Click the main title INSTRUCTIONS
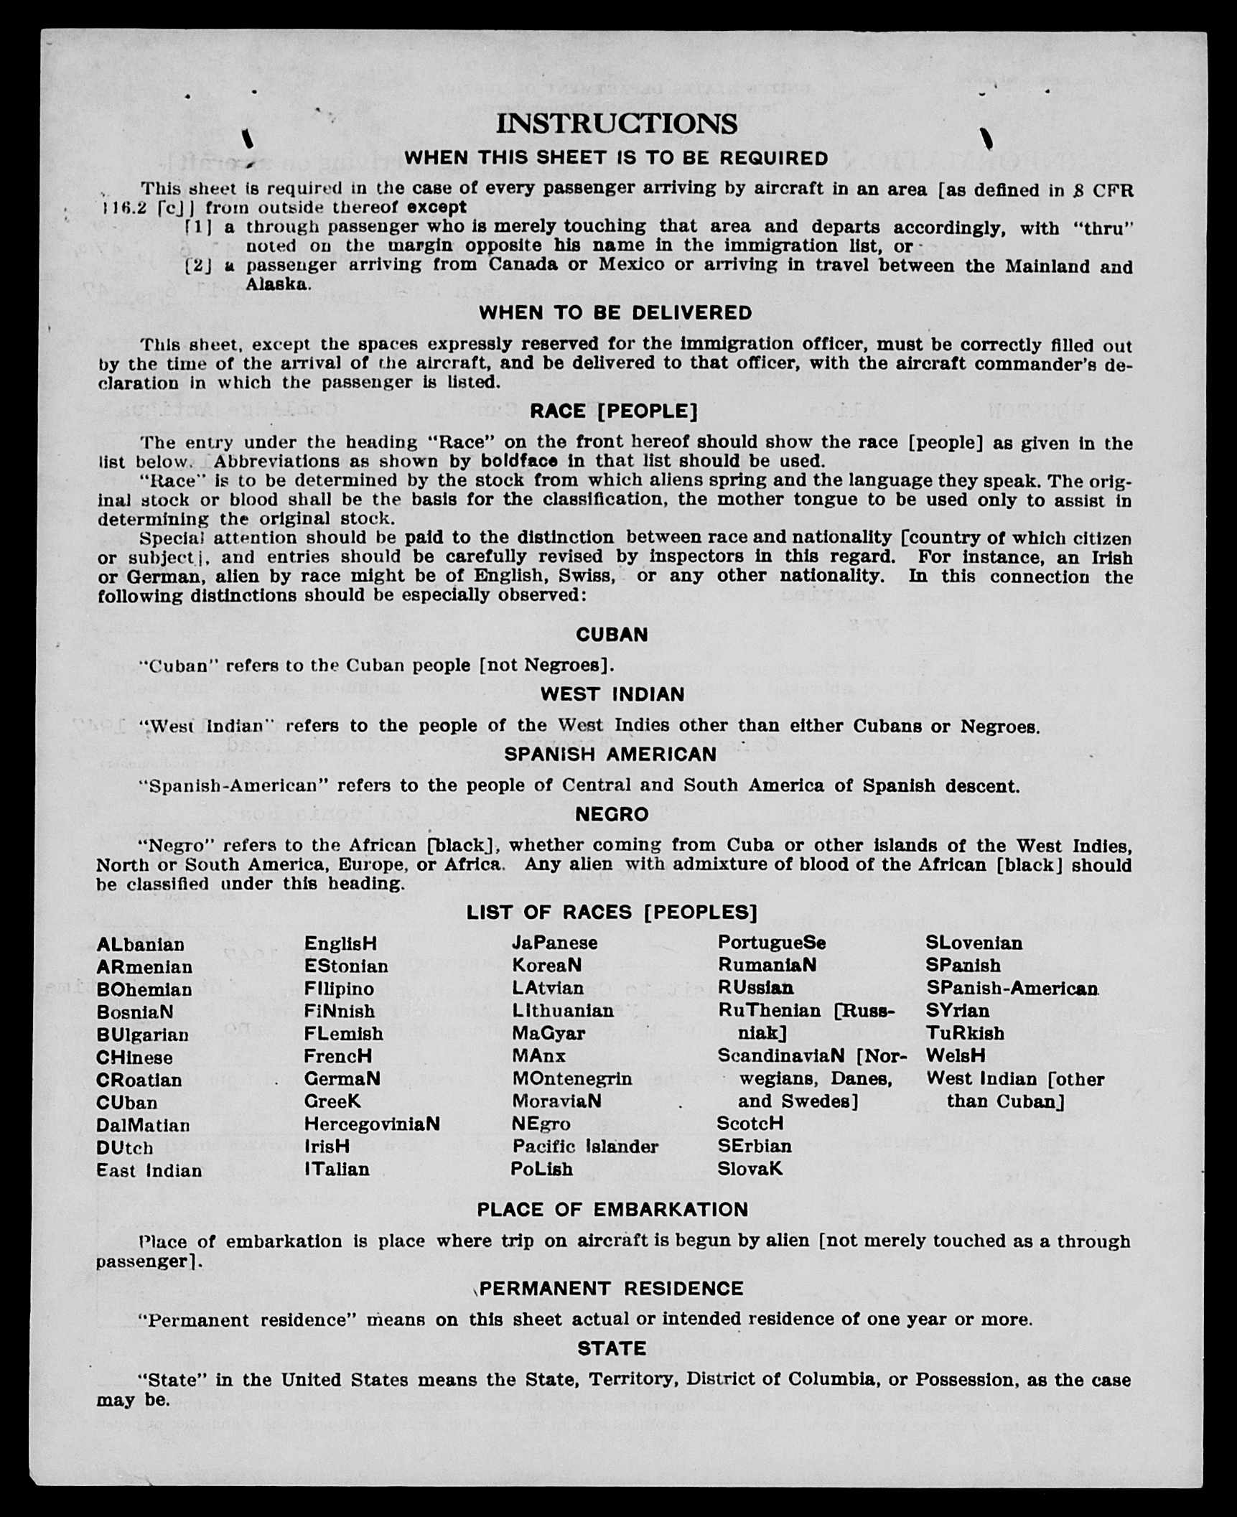(x=617, y=124)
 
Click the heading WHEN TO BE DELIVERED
(x=615, y=313)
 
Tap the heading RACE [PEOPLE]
(x=614, y=411)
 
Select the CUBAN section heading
(x=612, y=635)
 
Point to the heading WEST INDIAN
(x=612, y=694)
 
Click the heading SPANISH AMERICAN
(x=610, y=755)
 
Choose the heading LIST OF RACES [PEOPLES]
(x=612, y=912)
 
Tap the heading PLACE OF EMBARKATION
(x=612, y=1210)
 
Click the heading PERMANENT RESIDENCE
(x=612, y=1289)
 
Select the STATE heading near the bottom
(x=612, y=1348)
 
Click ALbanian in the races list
(x=141, y=945)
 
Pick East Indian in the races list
(x=149, y=1171)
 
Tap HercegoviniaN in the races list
(x=372, y=1124)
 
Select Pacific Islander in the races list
(x=585, y=1147)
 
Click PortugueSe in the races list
(x=772, y=943)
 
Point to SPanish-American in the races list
(x=1012, y=989)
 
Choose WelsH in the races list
(x=956, y=1056)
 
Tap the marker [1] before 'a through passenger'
(x=199, y=227)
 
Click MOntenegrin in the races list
(x=572, y=1079)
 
